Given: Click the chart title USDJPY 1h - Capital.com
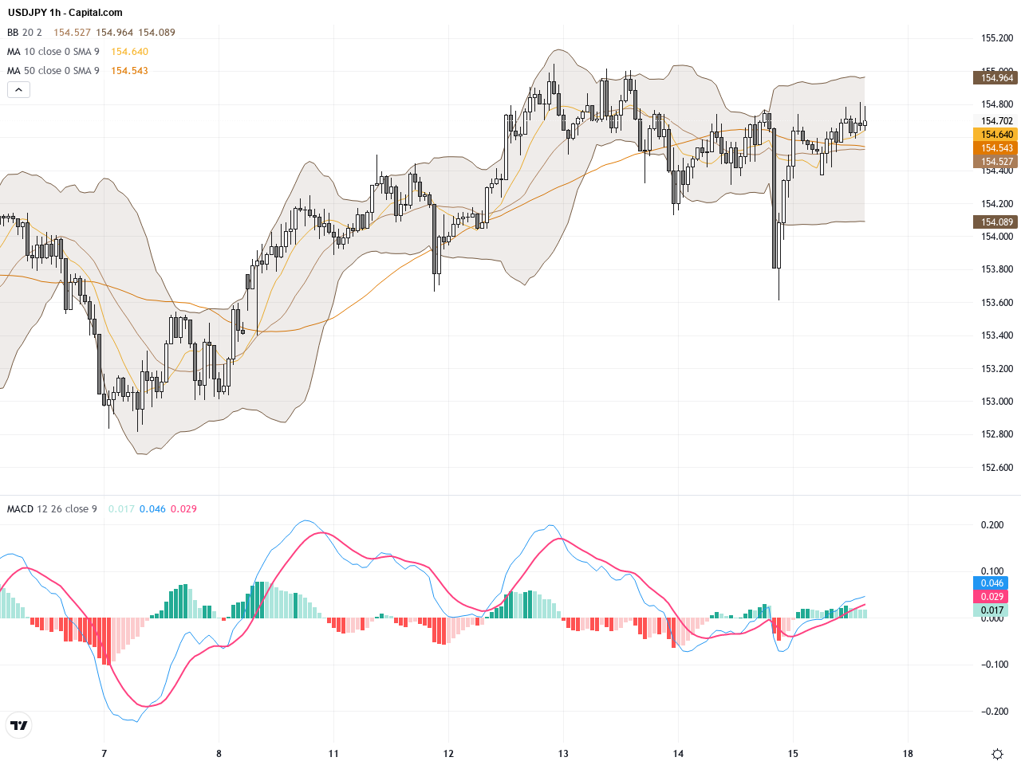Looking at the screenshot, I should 65,13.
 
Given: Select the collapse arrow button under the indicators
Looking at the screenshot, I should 18,90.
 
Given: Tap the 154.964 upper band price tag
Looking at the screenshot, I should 996,77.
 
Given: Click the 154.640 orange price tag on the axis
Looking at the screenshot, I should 996,135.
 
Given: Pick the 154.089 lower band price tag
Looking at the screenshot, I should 996,222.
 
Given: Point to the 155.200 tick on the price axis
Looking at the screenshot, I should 996,38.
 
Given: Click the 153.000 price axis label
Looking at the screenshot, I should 996,402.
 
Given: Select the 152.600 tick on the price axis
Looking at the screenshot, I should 996,468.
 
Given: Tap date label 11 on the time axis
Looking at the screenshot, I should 333,753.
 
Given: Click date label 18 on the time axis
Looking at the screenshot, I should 908,753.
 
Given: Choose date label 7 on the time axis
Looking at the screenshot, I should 104,753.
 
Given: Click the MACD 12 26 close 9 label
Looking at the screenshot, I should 52,509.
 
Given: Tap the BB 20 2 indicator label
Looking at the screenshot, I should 24,33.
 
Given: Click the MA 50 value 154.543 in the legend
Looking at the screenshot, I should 129,71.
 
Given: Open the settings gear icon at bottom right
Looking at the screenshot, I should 997,754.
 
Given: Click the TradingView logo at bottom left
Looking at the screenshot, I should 18,725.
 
